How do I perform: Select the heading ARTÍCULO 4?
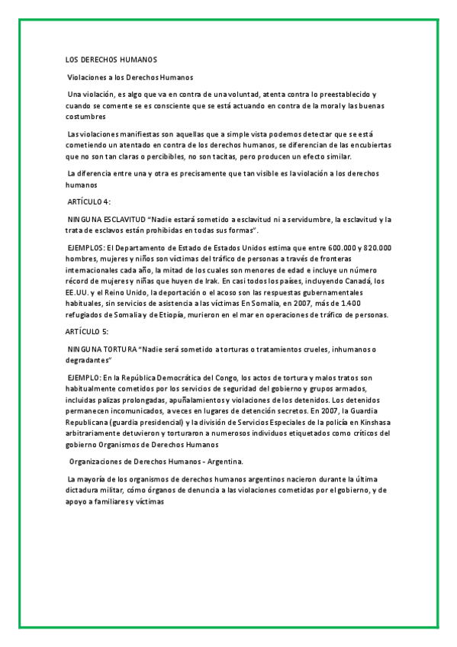pyautogui.click(x=89, y=201)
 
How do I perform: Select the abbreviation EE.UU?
pyautogui.click(x=78, y=291)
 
